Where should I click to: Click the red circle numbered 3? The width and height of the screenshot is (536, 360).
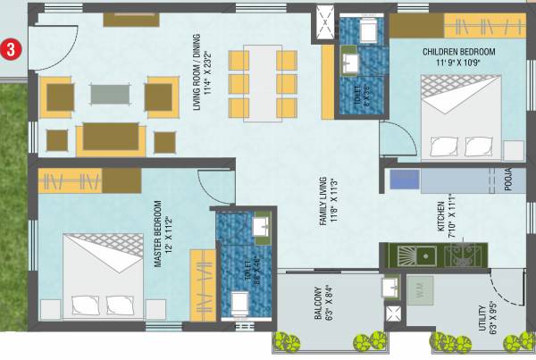click(11, 48)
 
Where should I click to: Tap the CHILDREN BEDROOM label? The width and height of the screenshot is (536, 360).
click(458, 56)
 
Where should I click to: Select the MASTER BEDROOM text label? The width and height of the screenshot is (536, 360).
click(157, 233)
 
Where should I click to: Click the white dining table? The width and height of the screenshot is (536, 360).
click(263, 83)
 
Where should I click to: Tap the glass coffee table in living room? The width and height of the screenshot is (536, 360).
click(108, 94)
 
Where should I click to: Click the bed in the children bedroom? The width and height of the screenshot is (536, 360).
click(458, 118)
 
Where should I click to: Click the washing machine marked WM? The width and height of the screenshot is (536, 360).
click(422, 288)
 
